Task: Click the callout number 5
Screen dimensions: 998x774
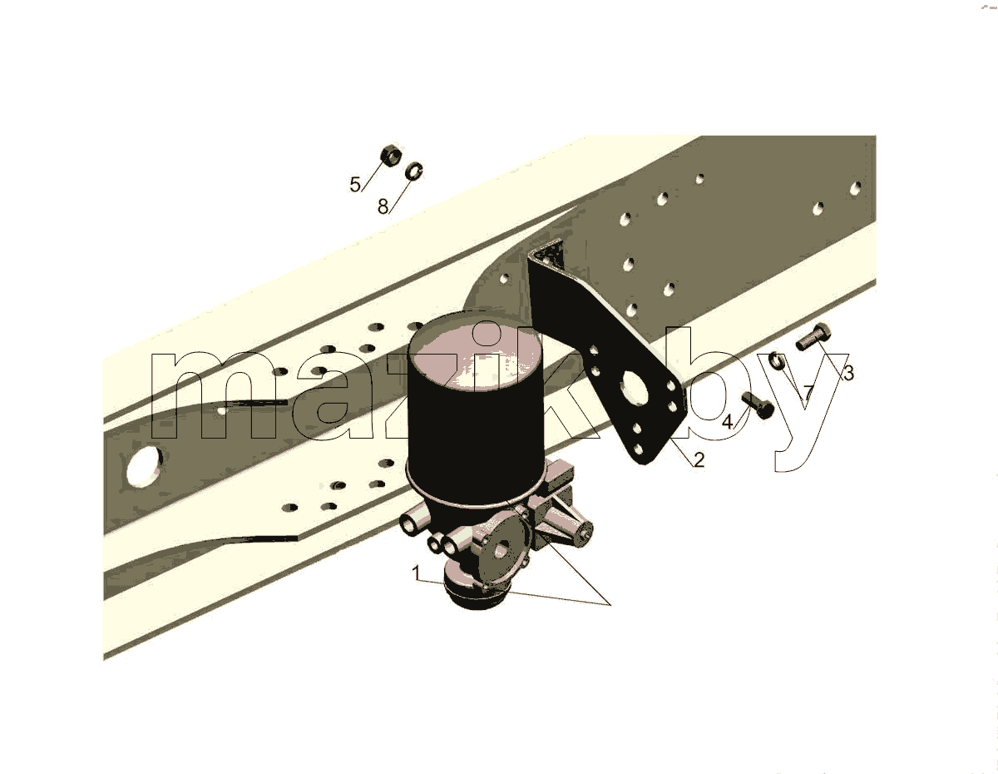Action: pyautogui.click(x=355, y=185)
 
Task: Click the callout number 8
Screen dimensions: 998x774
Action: pyautogui.click(x=383, y=207)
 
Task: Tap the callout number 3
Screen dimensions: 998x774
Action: pyautogui.click(x=849, y=373)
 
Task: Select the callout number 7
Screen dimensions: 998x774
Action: pyautogui.click(x=808, y=392)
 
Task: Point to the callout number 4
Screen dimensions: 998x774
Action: pyautogui.click(x=728, y=422)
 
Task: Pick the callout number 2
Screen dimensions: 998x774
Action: pyautogui.click(x=699, y=460)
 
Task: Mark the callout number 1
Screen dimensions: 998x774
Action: pyautogui.click(x=416, y=573)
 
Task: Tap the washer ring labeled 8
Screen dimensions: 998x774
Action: pyautogui.click(x=413, y=171)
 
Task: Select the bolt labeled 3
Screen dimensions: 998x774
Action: pyautogui.click(x=813, y=336)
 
